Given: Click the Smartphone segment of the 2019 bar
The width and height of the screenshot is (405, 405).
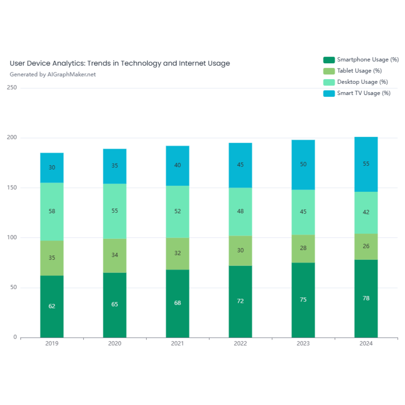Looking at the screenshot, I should (x=52, y=307).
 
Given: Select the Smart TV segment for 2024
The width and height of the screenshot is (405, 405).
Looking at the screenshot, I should (x=366, y=164).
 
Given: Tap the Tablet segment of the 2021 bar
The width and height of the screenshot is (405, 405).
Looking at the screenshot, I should (x=178, y=254).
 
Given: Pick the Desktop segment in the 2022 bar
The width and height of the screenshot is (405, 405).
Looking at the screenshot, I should (x=240, y=211).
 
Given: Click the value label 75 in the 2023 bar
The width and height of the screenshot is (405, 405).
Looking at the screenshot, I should (x=303, y=300).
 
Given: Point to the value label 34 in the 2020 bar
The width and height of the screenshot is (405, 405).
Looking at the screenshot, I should (x=115, y=255).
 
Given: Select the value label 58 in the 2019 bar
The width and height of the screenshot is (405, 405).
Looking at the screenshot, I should (x=52, y=211).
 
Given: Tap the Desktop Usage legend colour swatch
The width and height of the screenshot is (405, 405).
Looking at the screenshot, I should (x=329, y=82).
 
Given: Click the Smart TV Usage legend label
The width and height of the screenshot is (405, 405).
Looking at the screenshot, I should (x=363, y=93).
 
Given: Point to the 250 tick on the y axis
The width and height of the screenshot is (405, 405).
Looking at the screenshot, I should (x=12, y=88).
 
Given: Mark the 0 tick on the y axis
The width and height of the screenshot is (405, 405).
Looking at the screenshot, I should (x=15, y=337).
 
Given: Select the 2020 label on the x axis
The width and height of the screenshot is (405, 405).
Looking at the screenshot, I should (x=115, y=344).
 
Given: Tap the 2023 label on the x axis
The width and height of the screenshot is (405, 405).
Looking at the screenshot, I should (x=303, y=344).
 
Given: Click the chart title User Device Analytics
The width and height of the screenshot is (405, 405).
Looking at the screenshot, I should (x=119, y=63).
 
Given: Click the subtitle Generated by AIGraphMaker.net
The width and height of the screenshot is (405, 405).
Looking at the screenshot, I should (x=53, y=74).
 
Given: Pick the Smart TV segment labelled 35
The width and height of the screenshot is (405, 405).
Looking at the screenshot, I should (x=115, y=166).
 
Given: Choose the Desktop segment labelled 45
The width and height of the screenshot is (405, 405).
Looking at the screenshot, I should (x=303, y=212).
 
